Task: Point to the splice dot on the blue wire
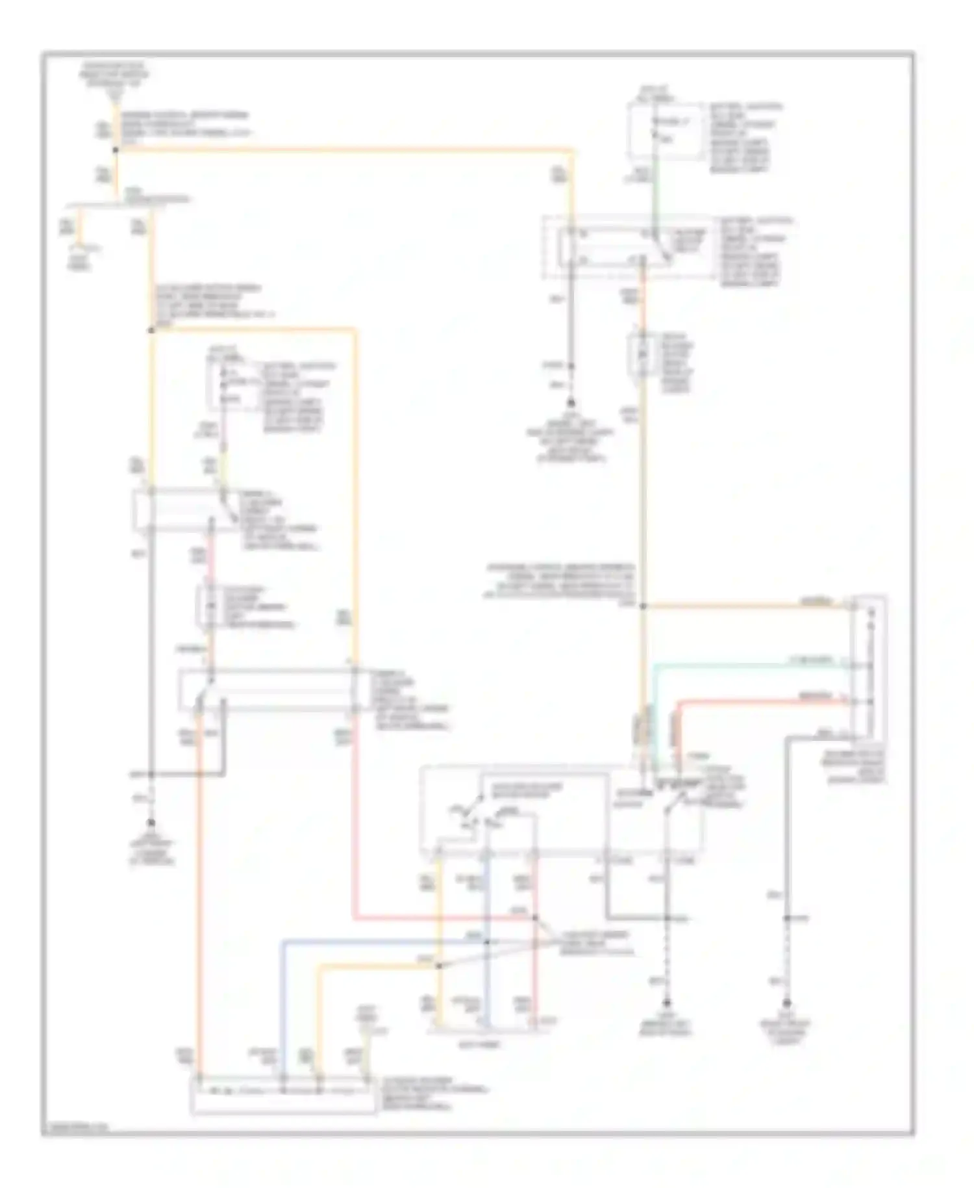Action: (487, 942)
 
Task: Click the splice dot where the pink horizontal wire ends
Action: (535, 918)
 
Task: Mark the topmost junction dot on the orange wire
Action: (116, 150)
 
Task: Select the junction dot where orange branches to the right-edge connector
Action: (643, 606)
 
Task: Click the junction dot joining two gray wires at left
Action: (151, 774)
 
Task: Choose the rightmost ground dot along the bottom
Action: (786, 1003)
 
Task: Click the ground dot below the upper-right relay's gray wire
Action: (571, 403)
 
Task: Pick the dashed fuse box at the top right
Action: (665, 130)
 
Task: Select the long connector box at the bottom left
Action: (282, 1096)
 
